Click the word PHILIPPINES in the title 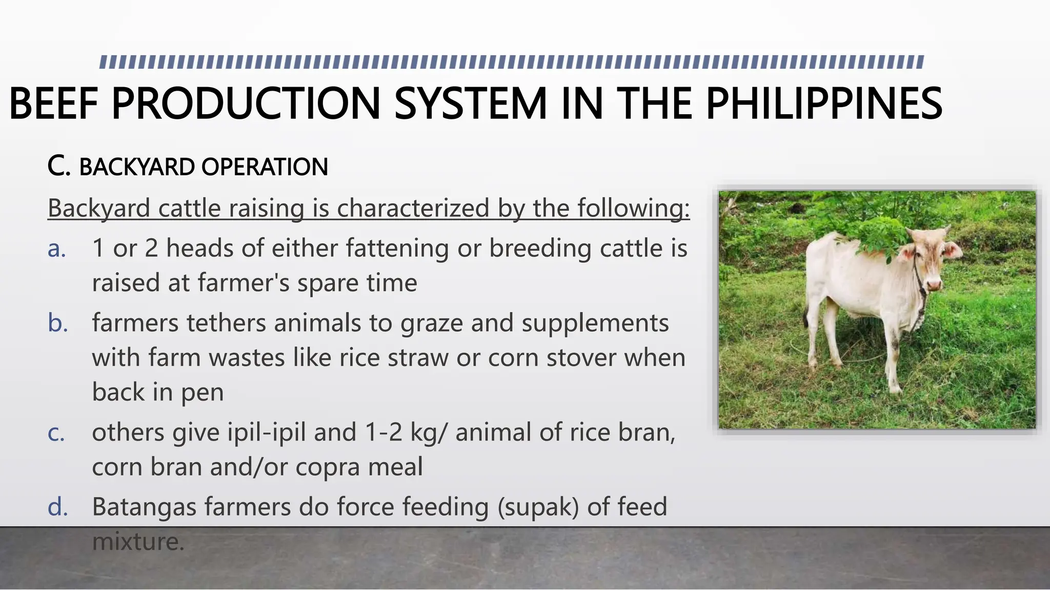[x=824, y=104]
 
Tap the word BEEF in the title [x=53, y=104]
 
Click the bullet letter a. [x=57, y=249]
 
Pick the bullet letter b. [x=58, y=324]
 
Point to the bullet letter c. [x=56, y=433]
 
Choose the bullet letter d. [x=58, y=508]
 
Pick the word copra [x=328, y=467]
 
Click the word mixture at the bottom [x=137, y=542]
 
